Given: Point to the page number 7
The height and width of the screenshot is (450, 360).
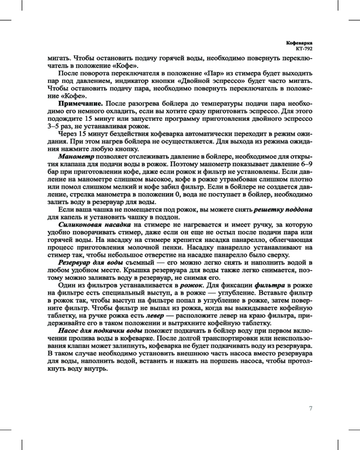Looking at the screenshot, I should [310, 408].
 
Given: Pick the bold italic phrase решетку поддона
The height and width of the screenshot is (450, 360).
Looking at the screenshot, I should [283, 210].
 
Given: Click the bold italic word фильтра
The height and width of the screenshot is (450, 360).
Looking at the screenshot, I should [270, 285].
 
